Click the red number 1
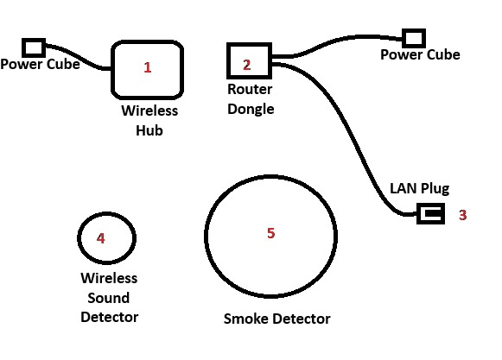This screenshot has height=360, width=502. click(x=147, y=67)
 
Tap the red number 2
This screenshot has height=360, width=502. click(x=246, y=65)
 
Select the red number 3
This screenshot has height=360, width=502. click(x=462, y=215)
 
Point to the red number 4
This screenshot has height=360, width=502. click(x=100, y=238)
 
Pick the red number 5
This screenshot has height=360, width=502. click(x=270, y=233)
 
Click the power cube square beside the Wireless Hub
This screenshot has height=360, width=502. click(x=34, y=47)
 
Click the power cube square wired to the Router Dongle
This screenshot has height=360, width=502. click(x=414, y=38)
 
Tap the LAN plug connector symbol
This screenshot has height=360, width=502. click(x=431, y=213)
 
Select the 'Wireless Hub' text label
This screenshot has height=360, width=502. click(x=149, y=121)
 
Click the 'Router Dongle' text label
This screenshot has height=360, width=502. click(x=251, y=99)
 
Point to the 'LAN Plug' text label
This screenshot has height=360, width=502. click(x=419, y=188)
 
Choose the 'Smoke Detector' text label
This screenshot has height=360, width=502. click(x=277, y=319)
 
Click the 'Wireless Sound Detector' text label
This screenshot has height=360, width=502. click(x=109, y=298)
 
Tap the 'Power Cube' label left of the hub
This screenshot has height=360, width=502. click(x=40, y=64)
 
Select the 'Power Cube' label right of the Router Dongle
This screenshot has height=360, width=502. click(x=420, y=54)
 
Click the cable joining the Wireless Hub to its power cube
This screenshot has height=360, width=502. click(x=79, y=56)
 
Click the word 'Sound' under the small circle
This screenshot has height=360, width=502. click(x=109, y=298)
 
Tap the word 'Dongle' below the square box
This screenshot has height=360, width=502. click(x=251, y=109)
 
